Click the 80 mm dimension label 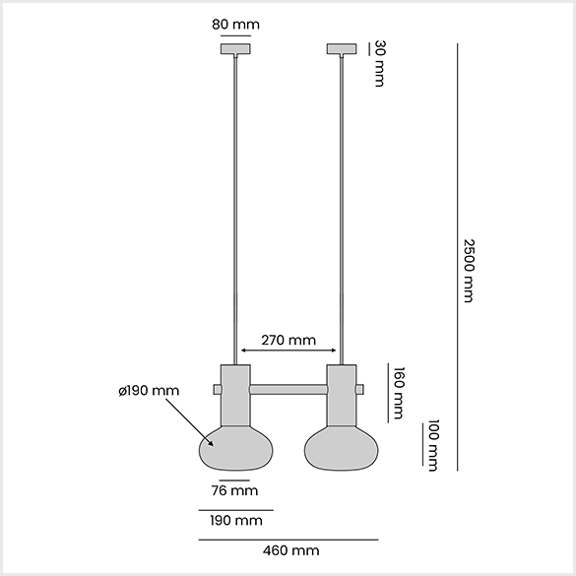(x=235, y=25)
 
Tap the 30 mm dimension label (x=380, y=64)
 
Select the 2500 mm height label (x=469, y=271)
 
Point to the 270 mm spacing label (x=288, y=340)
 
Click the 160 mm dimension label (x=399, y=393)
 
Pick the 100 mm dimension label (x=433, y=445)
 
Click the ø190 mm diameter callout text (x=149, y=391)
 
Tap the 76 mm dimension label (x=234, y=490)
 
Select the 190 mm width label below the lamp (x=236, y=521)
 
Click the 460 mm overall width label (x=290, y=550)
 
